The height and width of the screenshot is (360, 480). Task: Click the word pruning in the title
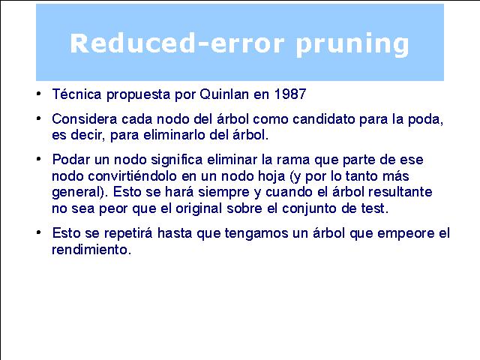point(352,45)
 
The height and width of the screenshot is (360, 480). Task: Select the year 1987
point(290,94)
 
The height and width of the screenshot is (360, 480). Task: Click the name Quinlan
point(224,94)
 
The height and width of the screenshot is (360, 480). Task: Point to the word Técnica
point(76,94)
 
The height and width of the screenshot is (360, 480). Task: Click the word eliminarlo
point(174,135)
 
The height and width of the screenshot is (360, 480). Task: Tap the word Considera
point(85,118)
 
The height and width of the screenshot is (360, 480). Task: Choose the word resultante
point(400,192)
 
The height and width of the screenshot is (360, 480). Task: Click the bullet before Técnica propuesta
point(38,93)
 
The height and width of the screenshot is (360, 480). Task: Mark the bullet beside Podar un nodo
point(38,158)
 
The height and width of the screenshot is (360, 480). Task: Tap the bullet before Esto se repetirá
point(38,232)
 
